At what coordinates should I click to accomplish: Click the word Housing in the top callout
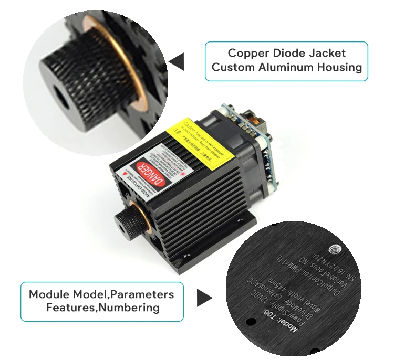341,67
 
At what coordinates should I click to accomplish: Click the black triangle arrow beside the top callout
177,61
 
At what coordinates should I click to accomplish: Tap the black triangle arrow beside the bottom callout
204,298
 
